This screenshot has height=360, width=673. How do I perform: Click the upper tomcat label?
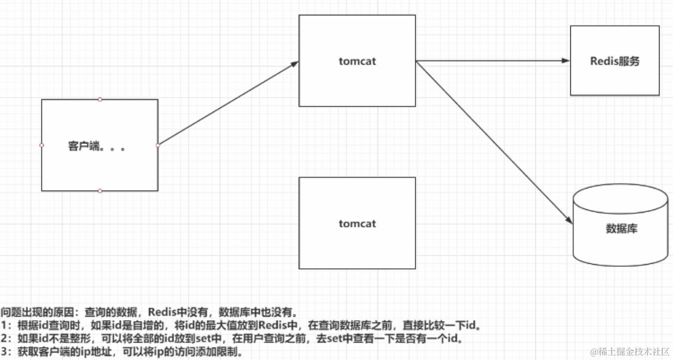(357, 61)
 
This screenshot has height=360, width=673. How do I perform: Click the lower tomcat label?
(357, 223)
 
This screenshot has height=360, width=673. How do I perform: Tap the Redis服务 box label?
(615, 61)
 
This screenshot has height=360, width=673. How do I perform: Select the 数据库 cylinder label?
(621, 229)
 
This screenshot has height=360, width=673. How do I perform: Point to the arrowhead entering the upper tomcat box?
(295, 63)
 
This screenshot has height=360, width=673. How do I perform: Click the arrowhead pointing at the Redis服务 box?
(565, 60)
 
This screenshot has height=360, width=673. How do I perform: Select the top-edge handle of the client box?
(100, 99)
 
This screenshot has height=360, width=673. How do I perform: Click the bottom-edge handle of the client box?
(100, 191)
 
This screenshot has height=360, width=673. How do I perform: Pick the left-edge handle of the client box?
(41, 145)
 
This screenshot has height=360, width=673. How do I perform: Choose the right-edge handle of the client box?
(158, 145)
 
